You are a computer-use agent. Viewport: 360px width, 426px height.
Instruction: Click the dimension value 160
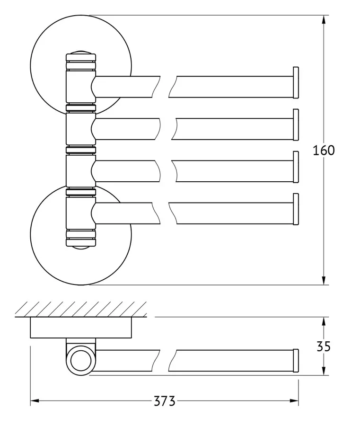[x=324, y=150]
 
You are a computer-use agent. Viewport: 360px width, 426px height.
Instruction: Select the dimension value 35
[x=324, y=346]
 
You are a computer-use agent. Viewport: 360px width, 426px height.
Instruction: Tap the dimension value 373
[x=165, y=401]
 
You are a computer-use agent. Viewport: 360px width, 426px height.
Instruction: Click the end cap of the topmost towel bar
[x=296, y=82]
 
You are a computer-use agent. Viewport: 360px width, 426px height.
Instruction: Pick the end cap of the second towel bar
[x=296, y=124]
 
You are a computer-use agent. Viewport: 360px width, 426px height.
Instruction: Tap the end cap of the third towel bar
[x=296, y=167]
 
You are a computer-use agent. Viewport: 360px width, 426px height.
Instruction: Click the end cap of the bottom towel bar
[x=296, y=209]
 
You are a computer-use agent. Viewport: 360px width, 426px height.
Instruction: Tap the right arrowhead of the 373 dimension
[x=294, y=401]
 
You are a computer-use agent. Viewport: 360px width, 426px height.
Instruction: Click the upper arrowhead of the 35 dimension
[x=324, y=321]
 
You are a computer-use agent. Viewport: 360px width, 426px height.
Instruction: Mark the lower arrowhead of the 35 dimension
[x=324, y=371]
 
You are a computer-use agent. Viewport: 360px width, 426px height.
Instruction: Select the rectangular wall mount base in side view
[x=80, y=328]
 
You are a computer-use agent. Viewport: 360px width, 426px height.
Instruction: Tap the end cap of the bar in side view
[x=296, y=361]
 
